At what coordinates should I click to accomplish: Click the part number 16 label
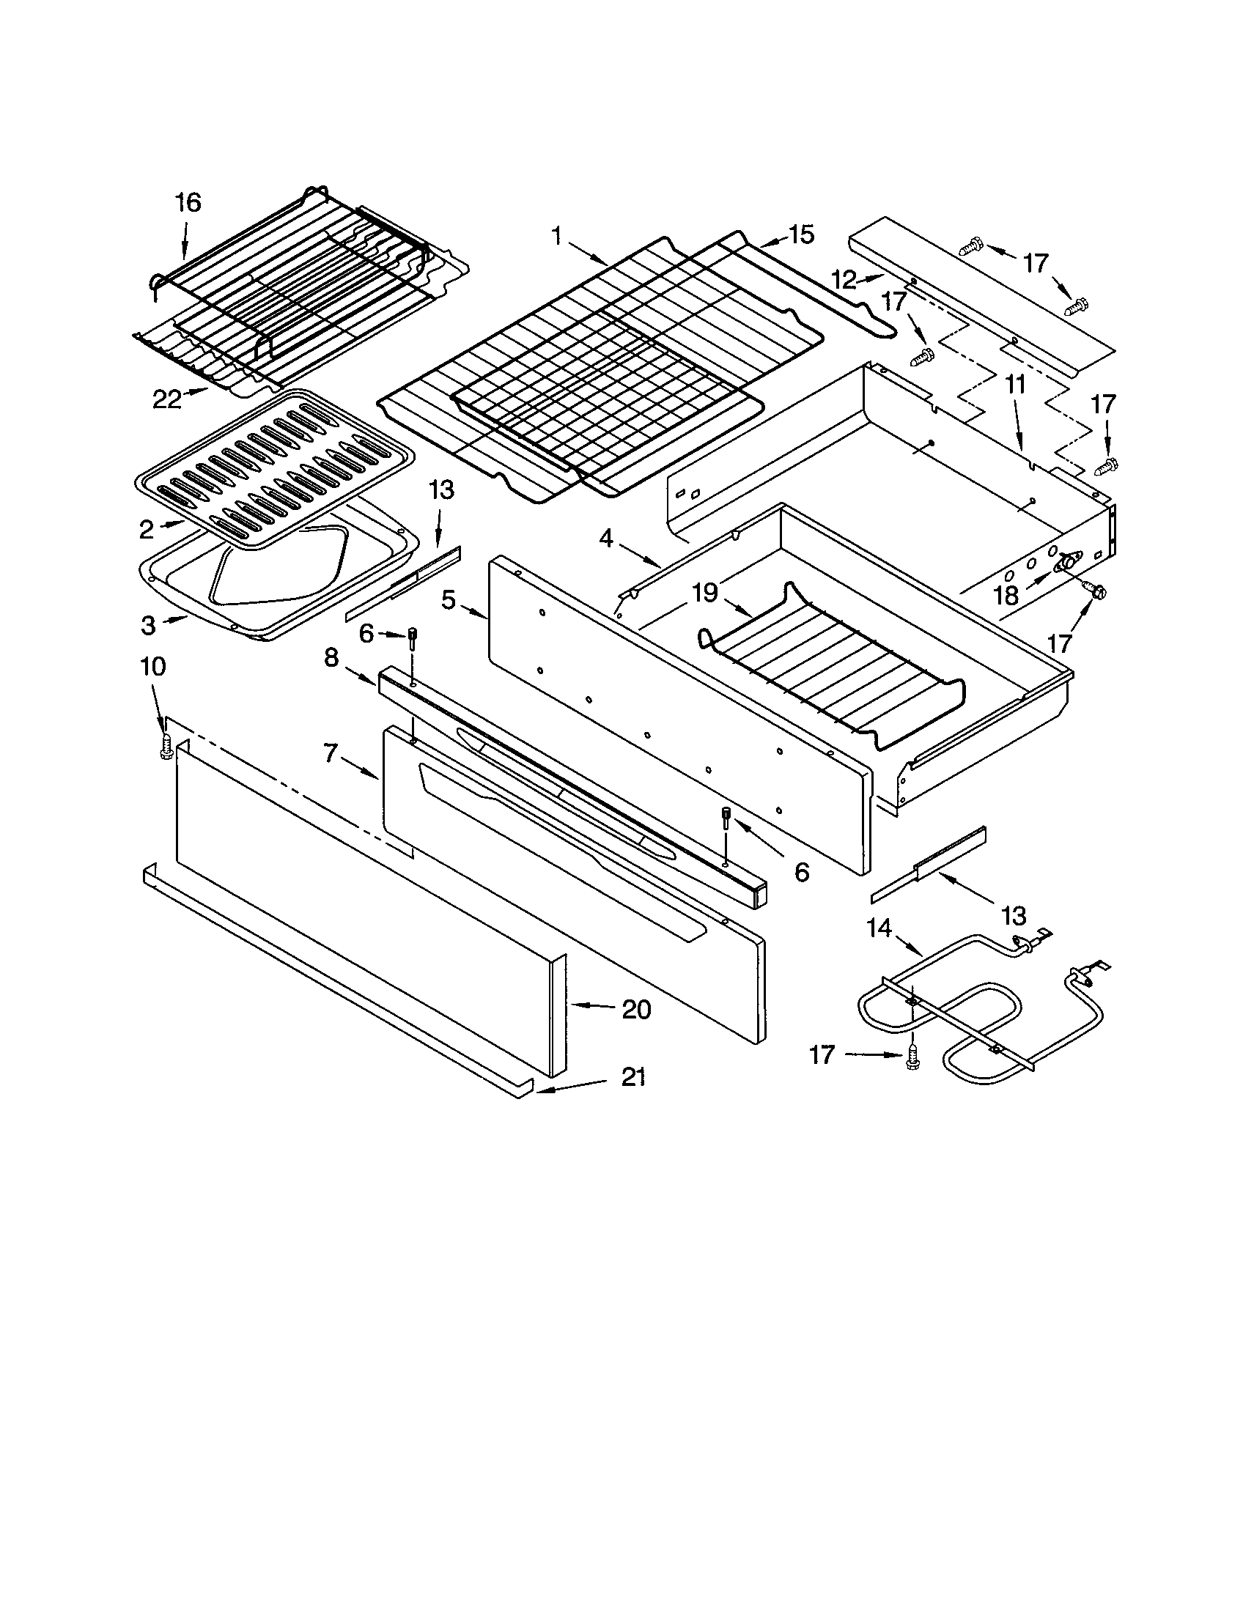coord(188,202)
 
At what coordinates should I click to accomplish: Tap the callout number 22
coord(168,399)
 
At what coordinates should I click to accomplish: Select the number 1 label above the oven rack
coord(557,235)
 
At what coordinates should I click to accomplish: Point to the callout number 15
coord(800,234)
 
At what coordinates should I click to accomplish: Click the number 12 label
coord(844,280)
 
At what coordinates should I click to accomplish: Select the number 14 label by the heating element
coord(879,928)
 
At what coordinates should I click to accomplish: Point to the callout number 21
coord(633,1077)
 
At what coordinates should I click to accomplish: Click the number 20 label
coord(636,1009)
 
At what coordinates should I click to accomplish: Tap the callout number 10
coord(152,667)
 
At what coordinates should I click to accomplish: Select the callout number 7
coord(330,753)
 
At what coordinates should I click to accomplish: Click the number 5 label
coord(449,599)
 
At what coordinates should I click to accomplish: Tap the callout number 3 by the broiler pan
coord(148,625)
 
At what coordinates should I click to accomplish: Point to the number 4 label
coord(605,539)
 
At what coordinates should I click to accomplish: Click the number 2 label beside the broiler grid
coord(146,528)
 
